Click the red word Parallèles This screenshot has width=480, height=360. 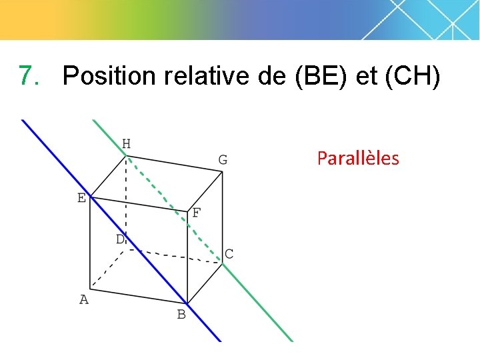[358, 159]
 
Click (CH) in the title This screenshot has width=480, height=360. [412, 77]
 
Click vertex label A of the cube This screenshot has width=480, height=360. [84, 300]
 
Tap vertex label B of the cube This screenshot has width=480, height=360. [181, 315]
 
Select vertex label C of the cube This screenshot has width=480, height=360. [229, 254]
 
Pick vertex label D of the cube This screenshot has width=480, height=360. [120, 239]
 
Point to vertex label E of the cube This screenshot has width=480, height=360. [81, 198]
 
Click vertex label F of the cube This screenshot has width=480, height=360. [196, 214]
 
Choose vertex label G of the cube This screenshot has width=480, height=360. [223, 160]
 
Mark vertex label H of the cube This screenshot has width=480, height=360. [126, 144]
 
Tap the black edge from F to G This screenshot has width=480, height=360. [205, 191]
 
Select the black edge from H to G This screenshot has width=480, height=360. [175, 163]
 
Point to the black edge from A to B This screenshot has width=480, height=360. [139, 296]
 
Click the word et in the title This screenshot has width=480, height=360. [366, 77]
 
